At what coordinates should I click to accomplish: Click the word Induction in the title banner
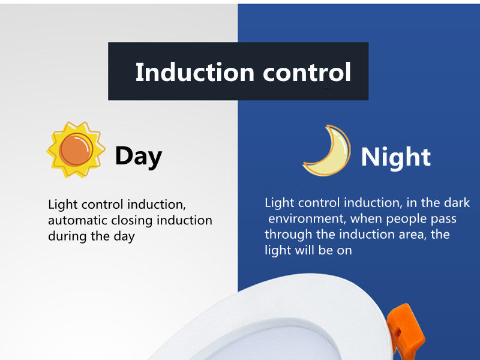coord(187,73)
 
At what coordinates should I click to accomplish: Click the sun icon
coord(76,149)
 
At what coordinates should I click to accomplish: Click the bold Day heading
coord(138,156)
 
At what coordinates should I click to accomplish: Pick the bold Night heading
coord(395,157)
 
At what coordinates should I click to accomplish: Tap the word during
coord(68,236)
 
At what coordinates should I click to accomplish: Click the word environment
coord(304,218)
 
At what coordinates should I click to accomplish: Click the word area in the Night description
coord(413,234)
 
